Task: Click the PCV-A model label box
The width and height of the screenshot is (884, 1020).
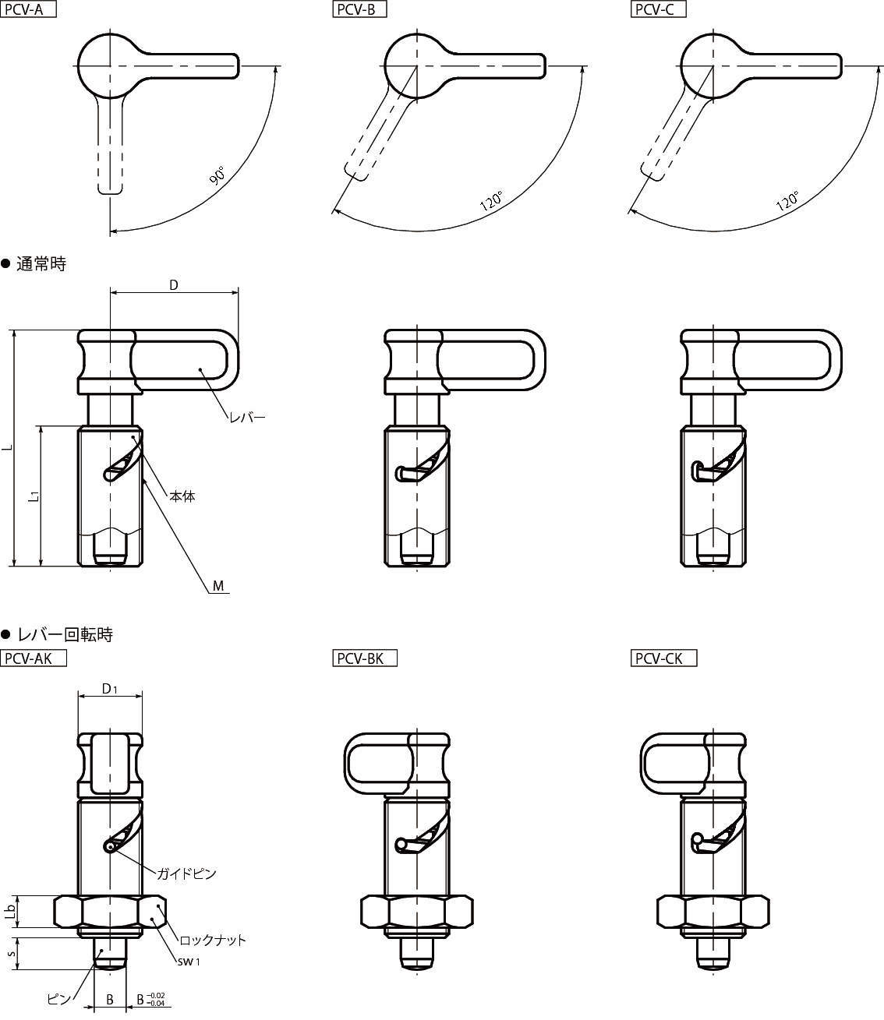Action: tap(29, 9)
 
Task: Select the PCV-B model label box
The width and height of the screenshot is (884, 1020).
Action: tap(359, 9)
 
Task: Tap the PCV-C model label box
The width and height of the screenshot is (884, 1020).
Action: tap(659, 9)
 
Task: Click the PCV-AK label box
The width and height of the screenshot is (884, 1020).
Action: tap(33, 658)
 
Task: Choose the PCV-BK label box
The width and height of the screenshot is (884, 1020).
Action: tap(365, 658)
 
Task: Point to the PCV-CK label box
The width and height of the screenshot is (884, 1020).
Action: tap(664, 658)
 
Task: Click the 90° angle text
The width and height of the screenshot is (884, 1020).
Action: tap(217, 175)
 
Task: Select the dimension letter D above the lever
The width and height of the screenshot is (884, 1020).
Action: tap(174, 285)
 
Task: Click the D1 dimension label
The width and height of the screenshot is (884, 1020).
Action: tap(110, 688)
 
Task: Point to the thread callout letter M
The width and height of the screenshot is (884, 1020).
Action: tap(218, 586)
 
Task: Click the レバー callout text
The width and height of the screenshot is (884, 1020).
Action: tap(247, 418)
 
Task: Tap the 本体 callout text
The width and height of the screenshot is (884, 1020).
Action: tap(182, 496)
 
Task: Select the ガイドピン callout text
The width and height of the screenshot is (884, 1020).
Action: tap(186, 874)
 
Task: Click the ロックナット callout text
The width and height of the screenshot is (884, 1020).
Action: tap(212, 940)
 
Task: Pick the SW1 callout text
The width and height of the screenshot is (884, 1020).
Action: tap(189, 962)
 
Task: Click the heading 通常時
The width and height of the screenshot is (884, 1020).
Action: tap(41, 264)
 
